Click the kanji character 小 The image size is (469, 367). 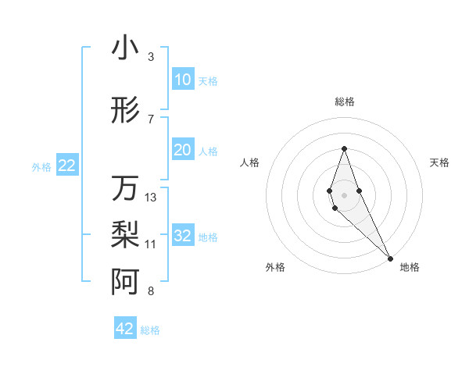[x=125, y=48]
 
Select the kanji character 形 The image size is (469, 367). [x=125, y=111]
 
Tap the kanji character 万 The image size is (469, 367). [x=125, y=188]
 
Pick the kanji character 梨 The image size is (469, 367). [x=125, y=233]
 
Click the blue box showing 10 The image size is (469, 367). [x=182, y=80]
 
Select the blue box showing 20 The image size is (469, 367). [x=182, y=150]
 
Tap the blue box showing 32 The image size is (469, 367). [x=182, y=236]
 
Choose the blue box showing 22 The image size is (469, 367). [x=66, y=166]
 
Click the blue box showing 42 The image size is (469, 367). [x=125, y=329]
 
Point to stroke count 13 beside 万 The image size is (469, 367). [x=151, y=198]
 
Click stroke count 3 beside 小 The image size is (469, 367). [x=150, y=57]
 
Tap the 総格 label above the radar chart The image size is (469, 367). [x=345, y=102]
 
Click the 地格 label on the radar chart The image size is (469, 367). [x=410, y=267]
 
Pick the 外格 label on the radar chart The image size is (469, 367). [x=275, y=267]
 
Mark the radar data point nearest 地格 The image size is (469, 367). [x=390, y=258]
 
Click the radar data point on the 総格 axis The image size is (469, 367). [x=344, y=149]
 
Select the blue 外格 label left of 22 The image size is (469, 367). [x=41, y=166]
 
